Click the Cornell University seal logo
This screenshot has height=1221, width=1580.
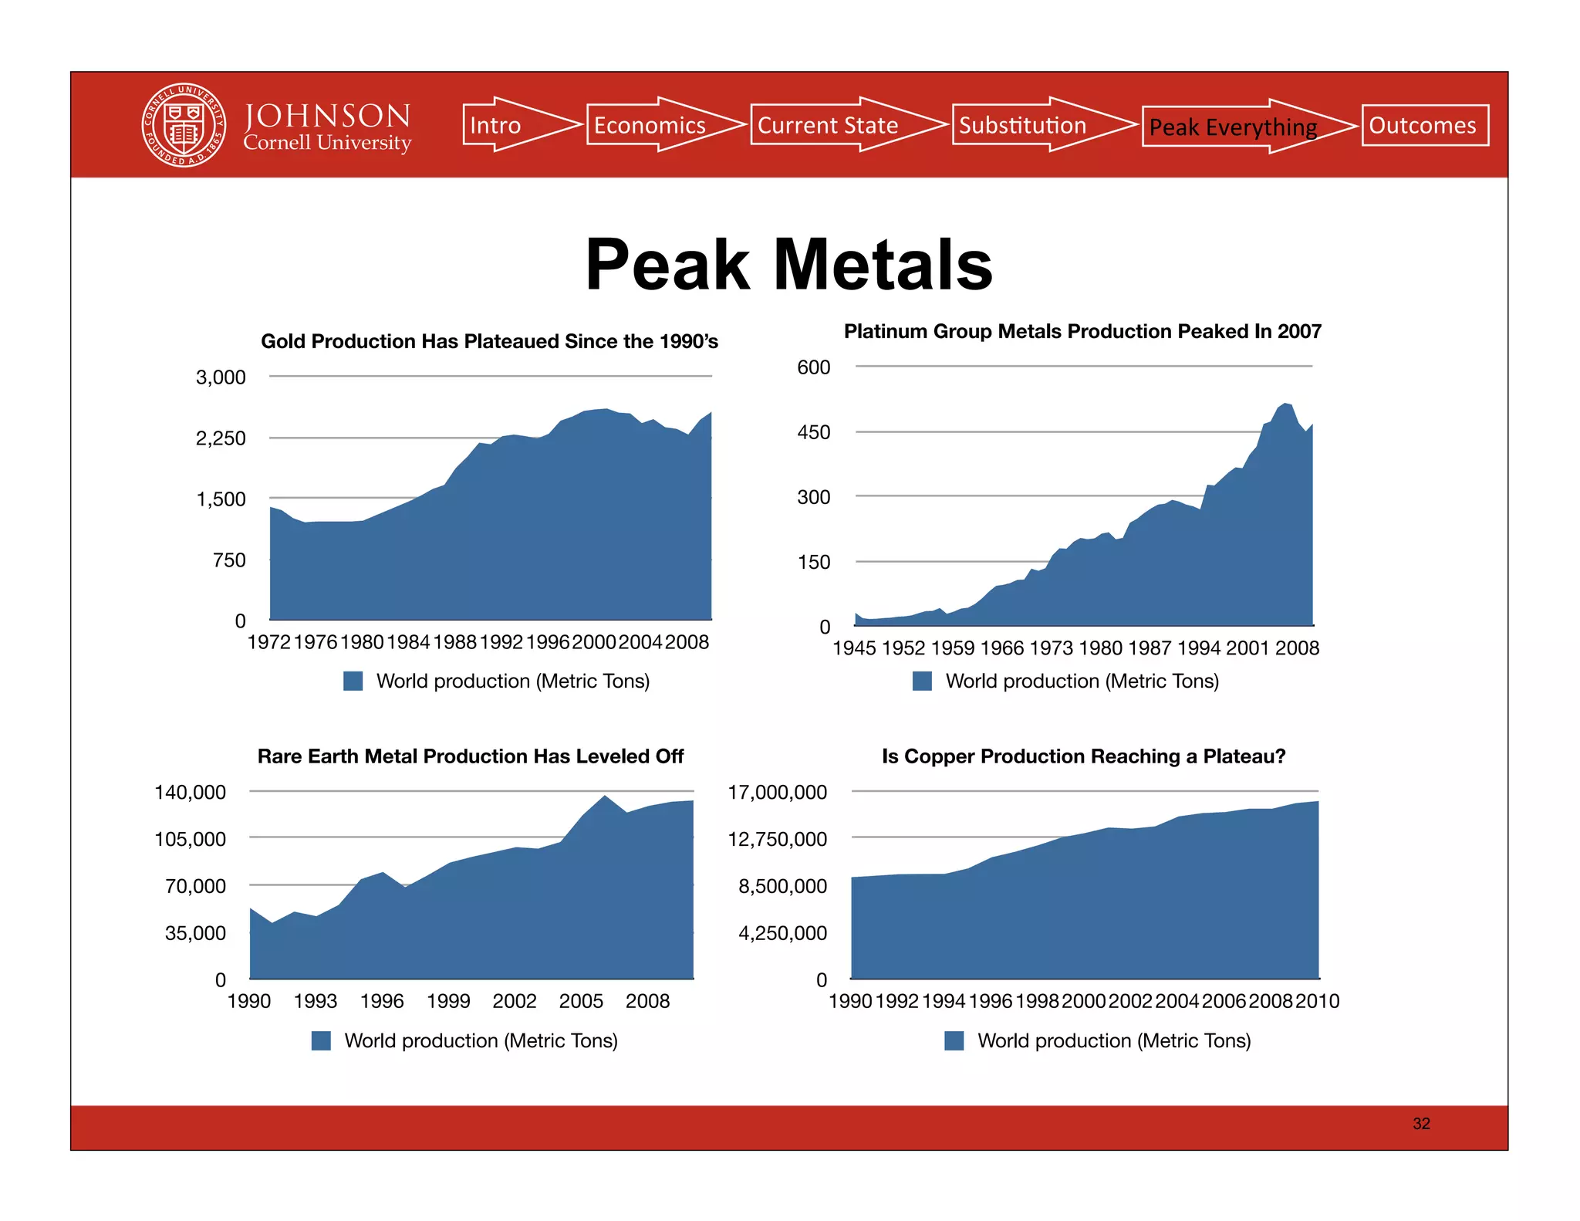184,125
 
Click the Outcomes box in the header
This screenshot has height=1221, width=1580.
1424,125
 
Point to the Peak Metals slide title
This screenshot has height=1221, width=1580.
788,265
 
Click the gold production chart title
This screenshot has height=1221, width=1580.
489,341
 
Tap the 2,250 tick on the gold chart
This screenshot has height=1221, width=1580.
221,438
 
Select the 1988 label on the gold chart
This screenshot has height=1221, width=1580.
454,642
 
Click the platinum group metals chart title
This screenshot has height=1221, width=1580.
1082,331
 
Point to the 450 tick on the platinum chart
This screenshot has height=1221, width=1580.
813,432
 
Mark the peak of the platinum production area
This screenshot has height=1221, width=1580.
1285,404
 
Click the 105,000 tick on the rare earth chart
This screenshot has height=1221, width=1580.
191,839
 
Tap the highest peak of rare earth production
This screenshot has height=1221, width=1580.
605,797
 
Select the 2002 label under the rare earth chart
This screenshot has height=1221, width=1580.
515,1001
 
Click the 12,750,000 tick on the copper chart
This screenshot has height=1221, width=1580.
778,839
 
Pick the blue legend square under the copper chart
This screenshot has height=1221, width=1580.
954,1040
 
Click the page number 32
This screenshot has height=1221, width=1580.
1421,1124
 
